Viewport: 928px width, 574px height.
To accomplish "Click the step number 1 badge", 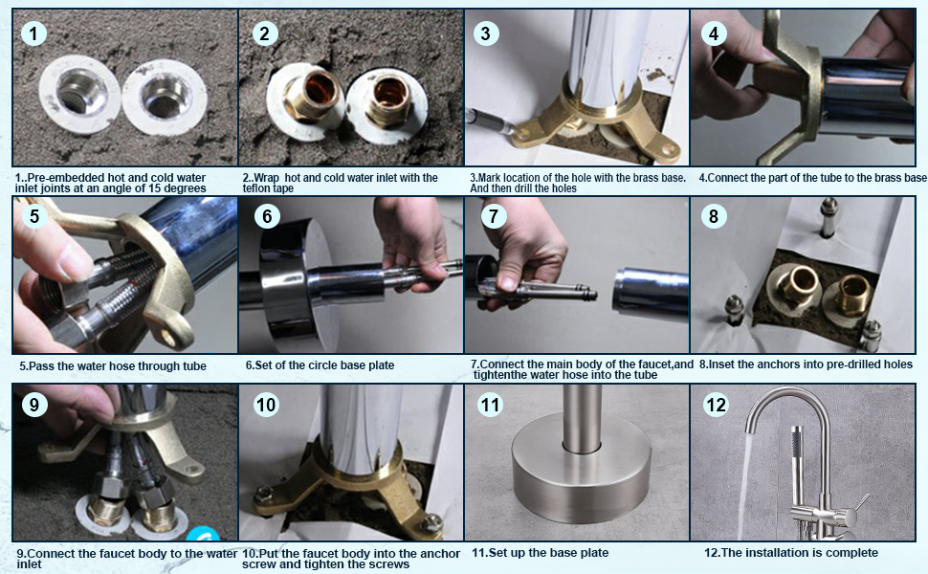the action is (33, 33).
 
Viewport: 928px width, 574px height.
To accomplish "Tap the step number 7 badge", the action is (494, 216).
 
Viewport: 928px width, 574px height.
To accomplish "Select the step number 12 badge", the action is (716, 406).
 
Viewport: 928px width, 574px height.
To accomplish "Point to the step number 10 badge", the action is (266, 406).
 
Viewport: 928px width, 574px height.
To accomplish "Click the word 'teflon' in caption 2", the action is (254, 188).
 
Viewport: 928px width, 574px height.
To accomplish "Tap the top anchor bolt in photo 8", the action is (829, 216).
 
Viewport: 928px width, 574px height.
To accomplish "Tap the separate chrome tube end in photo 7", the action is (650, 291).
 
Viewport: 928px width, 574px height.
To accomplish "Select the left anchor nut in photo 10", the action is (265, 494).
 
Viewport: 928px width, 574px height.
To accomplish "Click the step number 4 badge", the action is (713, 33).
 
